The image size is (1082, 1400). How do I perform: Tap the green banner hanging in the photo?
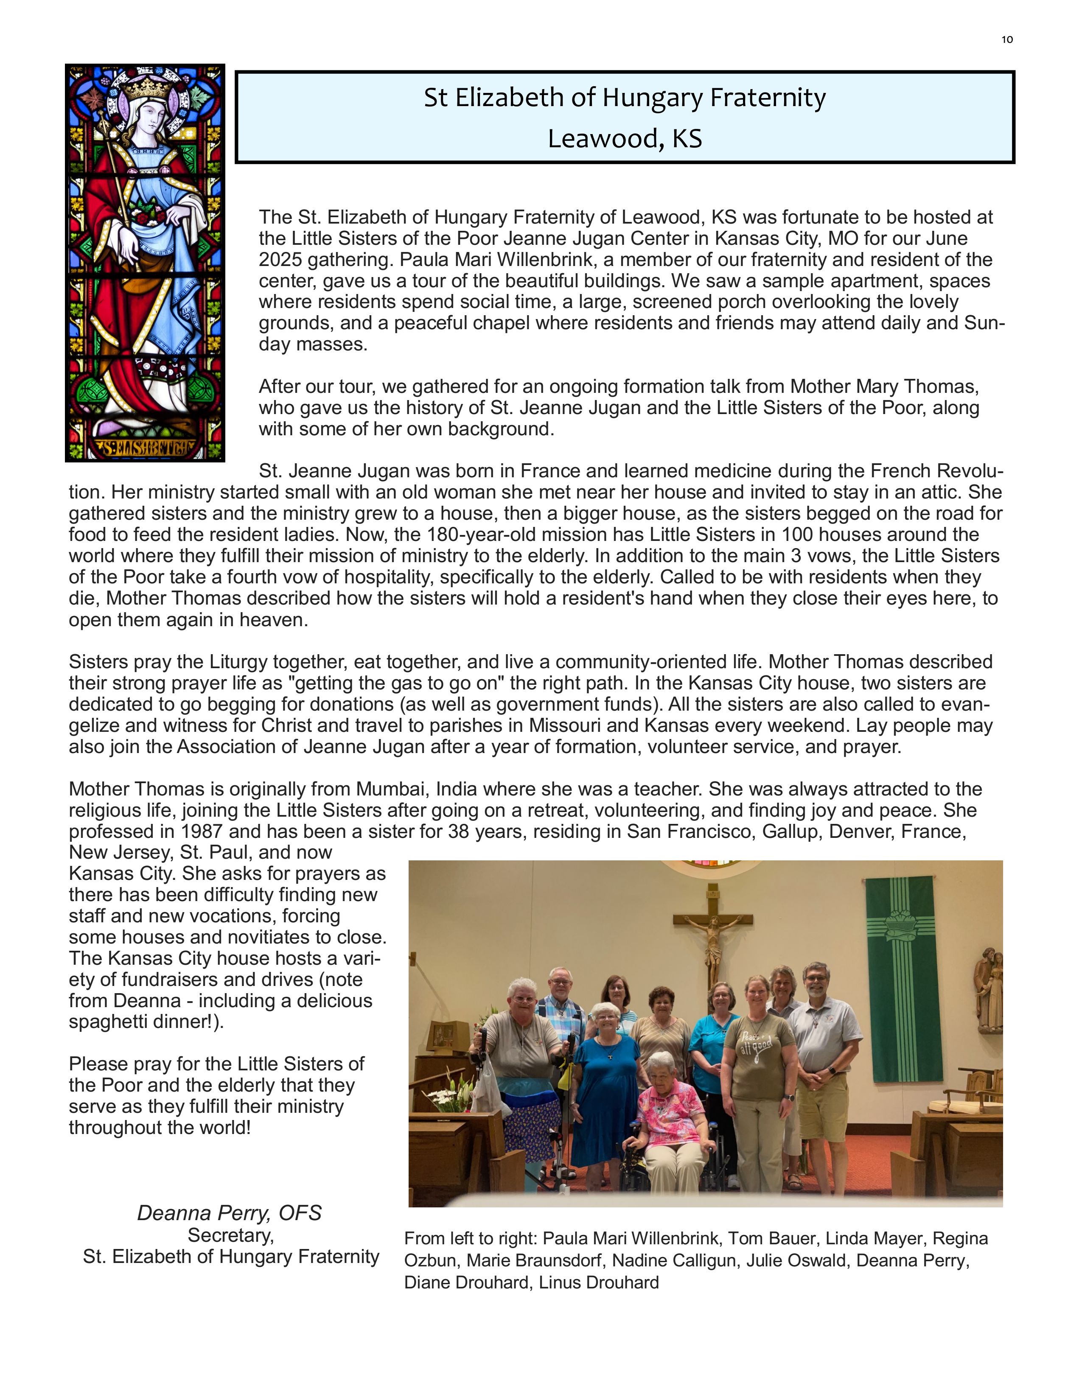coord(904,974)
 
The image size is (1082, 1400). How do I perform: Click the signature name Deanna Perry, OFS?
coord(229,1213)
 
